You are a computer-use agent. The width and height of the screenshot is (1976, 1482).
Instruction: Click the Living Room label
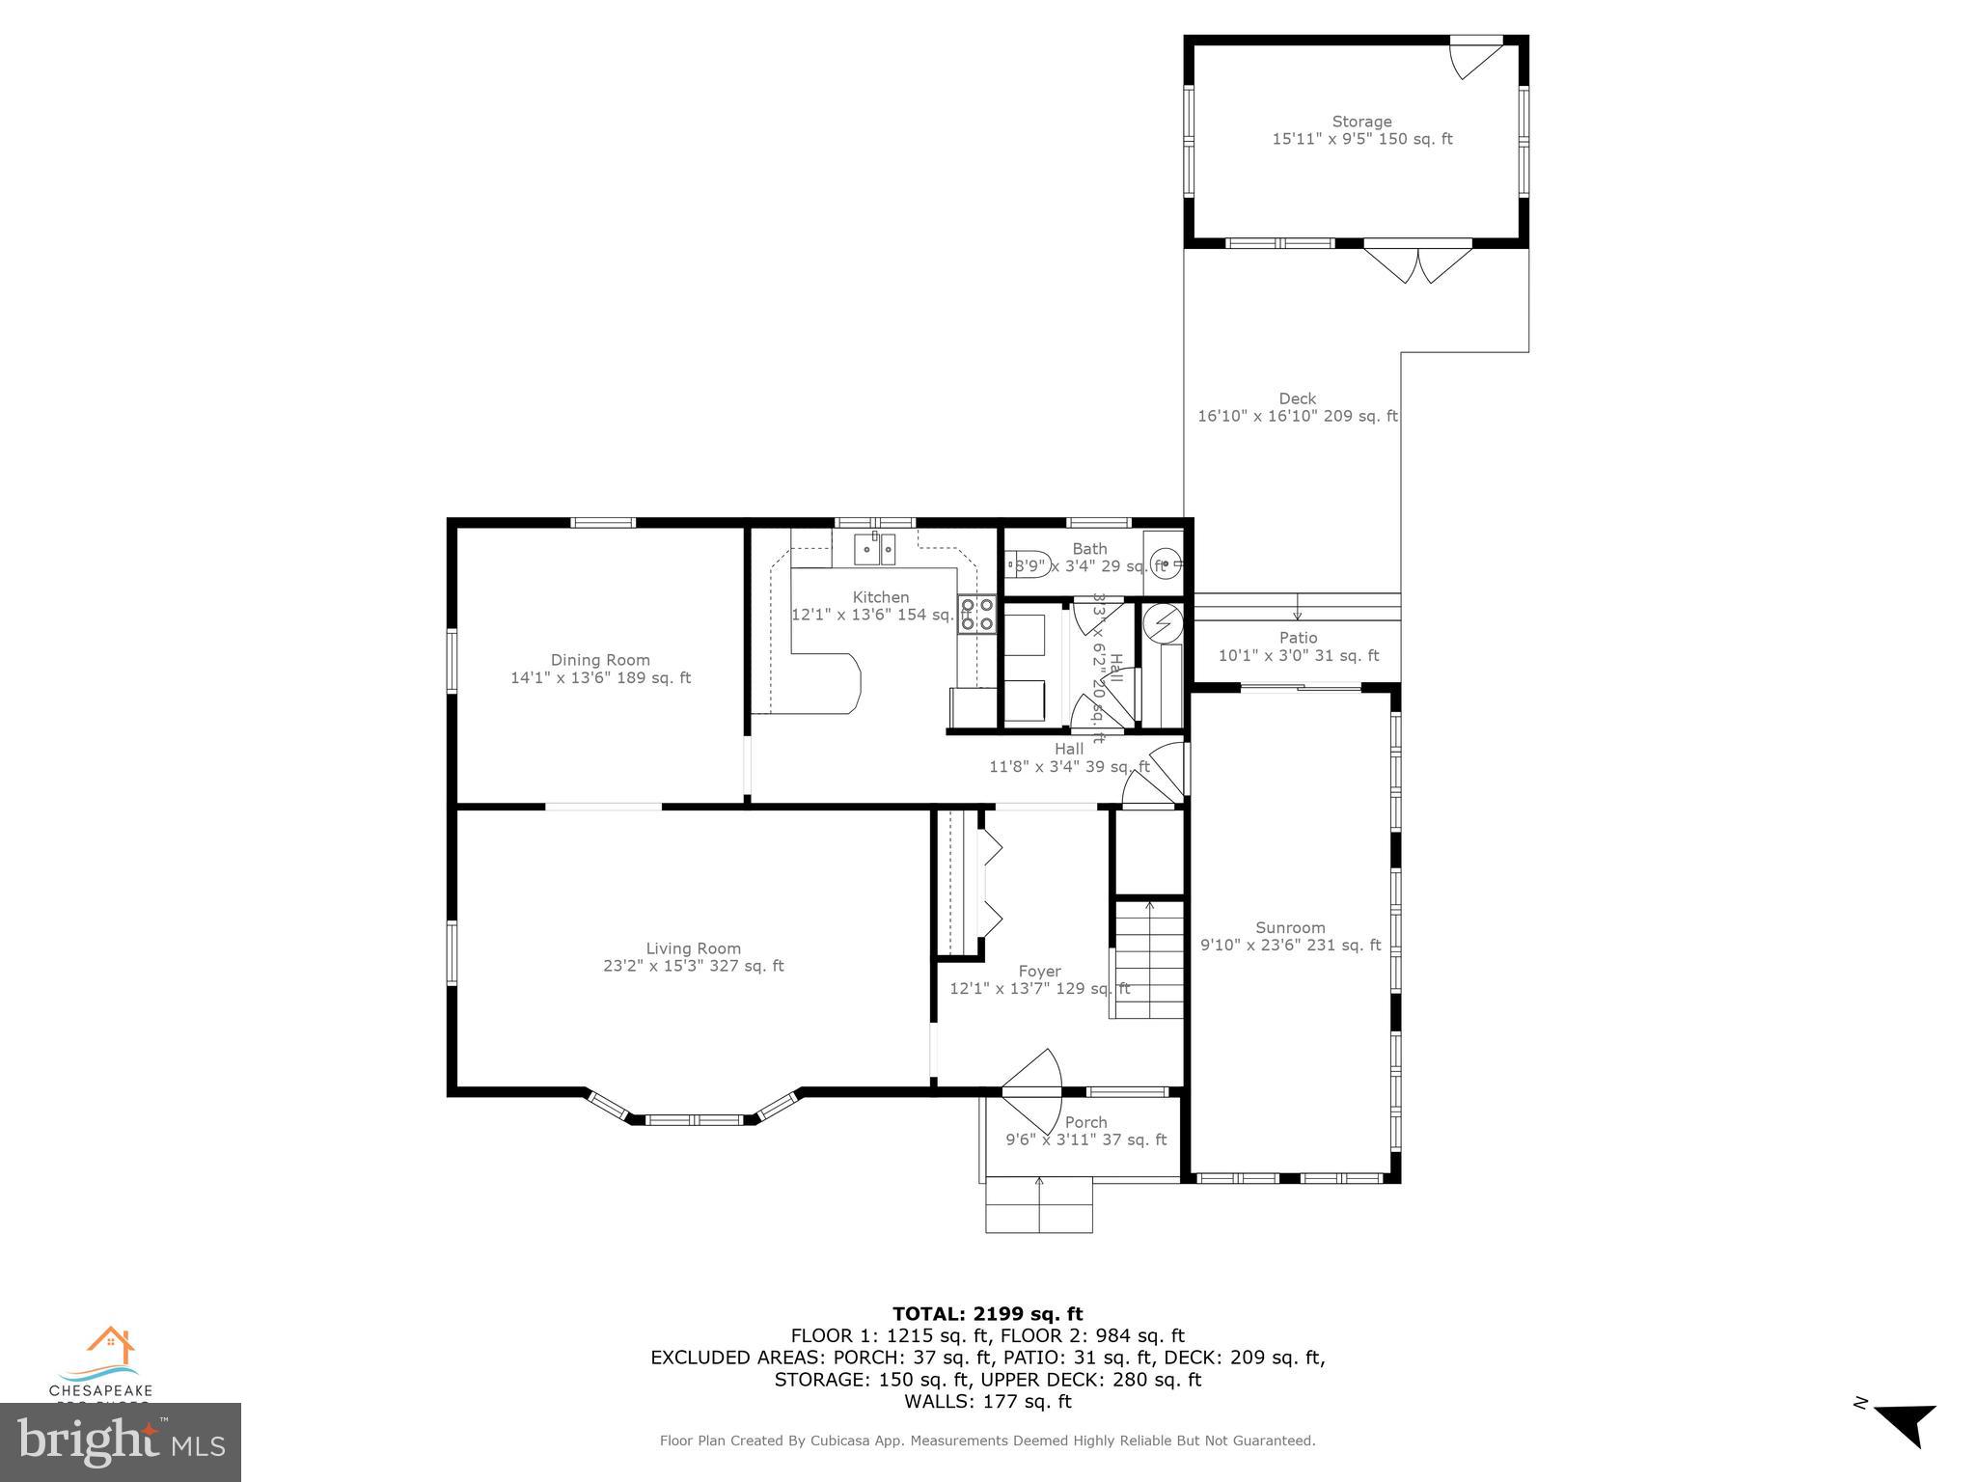(x=693, y=948)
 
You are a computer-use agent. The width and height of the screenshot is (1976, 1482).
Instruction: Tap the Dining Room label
(x=600, y=660)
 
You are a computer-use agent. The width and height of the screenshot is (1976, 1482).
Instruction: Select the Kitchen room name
(x=880, y=597)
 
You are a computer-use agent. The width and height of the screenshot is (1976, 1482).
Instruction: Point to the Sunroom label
(x=1290, y=927)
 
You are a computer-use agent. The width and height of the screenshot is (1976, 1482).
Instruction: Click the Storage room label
(x=1361, y=122)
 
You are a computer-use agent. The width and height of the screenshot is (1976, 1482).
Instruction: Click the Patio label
(x=1298, y=638)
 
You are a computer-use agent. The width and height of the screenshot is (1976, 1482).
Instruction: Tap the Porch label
(x=1085, y=1122)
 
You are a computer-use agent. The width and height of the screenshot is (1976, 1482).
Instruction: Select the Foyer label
(x=1039, y=972)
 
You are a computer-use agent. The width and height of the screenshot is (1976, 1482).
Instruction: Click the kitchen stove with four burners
(x=976, y=615)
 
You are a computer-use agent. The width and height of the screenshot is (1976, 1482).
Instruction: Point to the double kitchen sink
(x=875, y=550)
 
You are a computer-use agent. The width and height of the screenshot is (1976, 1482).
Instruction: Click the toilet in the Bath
(x=1024, y=565)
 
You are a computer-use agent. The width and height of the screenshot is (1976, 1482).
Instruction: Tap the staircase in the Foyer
(x=1148, y=960)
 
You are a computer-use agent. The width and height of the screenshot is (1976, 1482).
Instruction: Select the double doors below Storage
(x=1417, y=263)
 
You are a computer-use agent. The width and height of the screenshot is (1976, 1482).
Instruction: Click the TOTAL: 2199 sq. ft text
(x=987, y=1313)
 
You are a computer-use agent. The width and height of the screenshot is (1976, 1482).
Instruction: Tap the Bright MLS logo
(x=120, y=1442)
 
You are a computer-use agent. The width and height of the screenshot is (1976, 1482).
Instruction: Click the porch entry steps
(x=1038, y=1206)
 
